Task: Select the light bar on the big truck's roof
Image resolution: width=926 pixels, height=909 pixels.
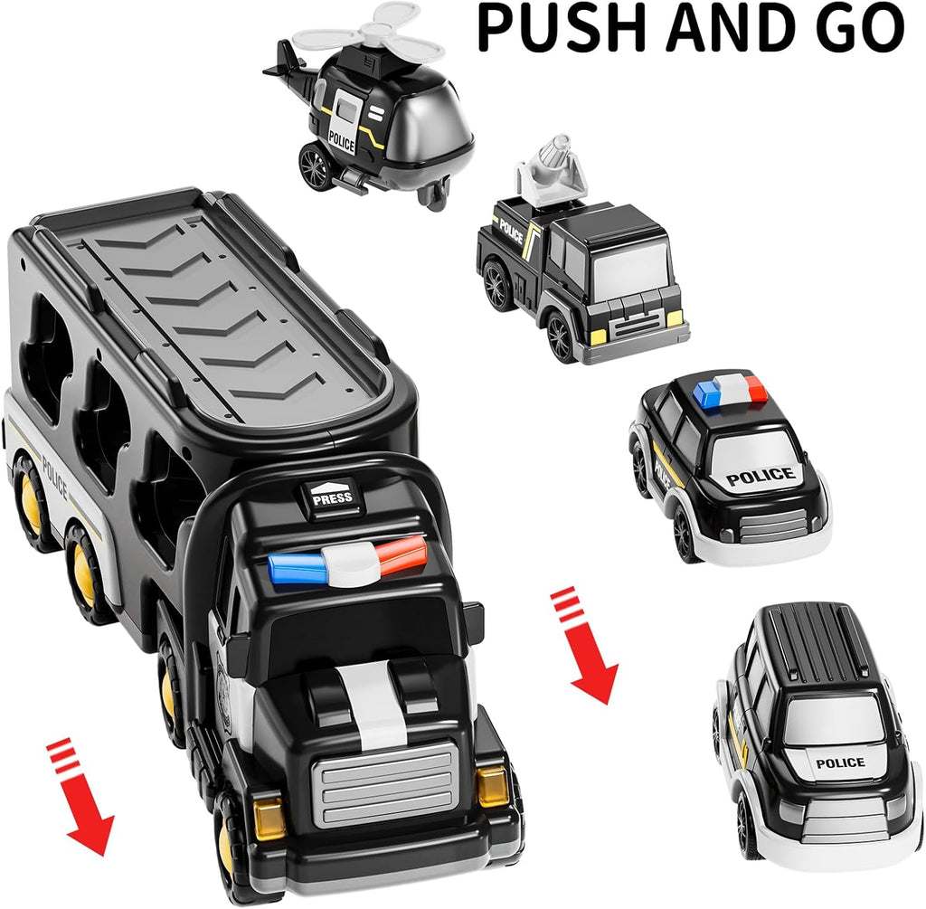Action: pyautogui.click(x=347, y=562)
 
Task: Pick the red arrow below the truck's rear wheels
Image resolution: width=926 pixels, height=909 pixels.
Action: pyautogui.click(x=83, y=796)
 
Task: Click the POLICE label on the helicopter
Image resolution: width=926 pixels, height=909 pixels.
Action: pyautogui.click(x=342, y=141)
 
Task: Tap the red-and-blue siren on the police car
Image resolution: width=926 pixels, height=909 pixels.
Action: pyautogui.click(x=731, y=392)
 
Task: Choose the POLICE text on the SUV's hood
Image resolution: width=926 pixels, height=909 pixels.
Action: pyautogui.click(x=840, y=762)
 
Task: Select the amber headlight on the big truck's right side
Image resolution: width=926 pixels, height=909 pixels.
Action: pyautogui.click(x=492, y=785)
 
